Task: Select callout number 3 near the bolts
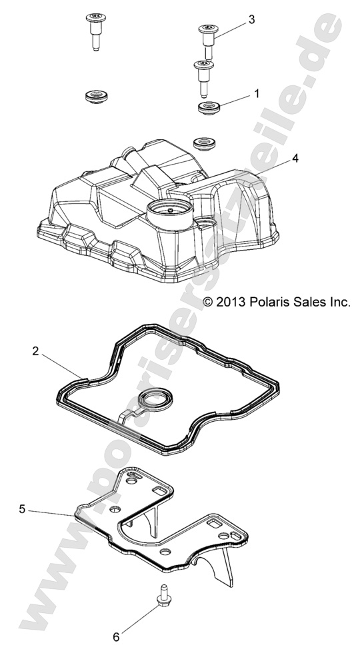[251, 20]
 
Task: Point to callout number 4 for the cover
[276, 159]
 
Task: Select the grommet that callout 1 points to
[210, 107]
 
